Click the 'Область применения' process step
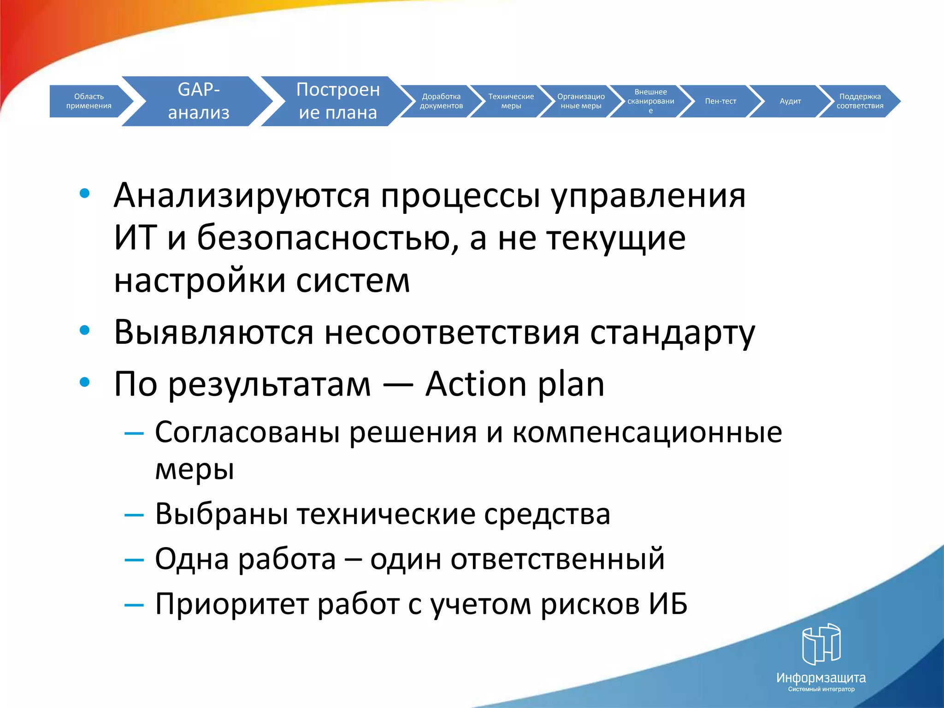(88, 101)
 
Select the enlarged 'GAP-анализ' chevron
(199, 101)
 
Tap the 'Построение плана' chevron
(338, 101)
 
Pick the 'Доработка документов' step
(441, 101)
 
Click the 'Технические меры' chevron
(511, 101)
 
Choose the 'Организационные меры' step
(581, 101)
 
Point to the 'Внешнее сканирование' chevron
(650, 101)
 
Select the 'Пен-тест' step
(720, 101)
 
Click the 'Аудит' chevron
(790, 101)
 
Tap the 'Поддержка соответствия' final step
(860, 101)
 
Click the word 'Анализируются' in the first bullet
(242, 196)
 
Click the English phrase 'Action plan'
(514, 384)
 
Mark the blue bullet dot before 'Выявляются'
(84, 330)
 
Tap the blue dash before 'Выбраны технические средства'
(134, 515)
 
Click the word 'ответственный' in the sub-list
(557, 559)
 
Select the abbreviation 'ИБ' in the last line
(668, 604)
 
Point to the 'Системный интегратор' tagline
(821, 689)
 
